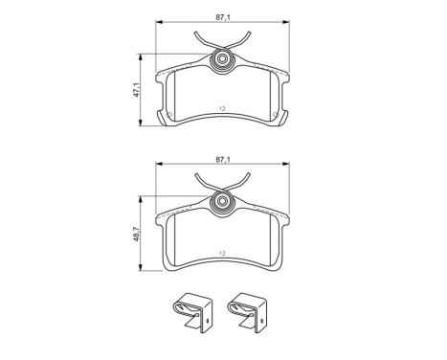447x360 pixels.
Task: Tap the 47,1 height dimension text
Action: coord(137,90)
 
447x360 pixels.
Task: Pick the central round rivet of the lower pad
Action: coord(222,202)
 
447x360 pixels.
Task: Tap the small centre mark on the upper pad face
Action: coord(222,108)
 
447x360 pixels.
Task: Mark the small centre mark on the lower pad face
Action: coord(222,252)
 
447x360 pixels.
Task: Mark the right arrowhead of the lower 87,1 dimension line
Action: coord(285,166)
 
